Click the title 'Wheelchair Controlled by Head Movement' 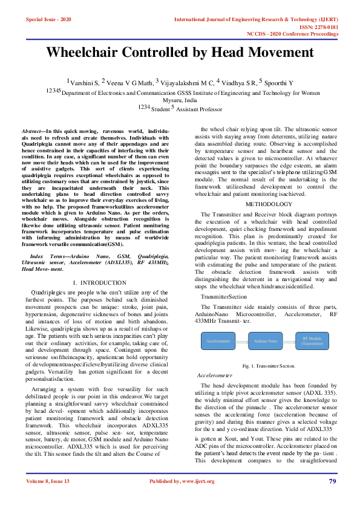[x=180, y=52]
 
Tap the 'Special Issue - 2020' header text [x=48, y=20]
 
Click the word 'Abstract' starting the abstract [x=32, y=131]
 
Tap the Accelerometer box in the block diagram [x=218, y=342]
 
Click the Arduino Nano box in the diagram [x=266, y=342]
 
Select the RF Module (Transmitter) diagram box [x=313, y=342]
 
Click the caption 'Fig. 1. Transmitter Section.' [x=268, y=366]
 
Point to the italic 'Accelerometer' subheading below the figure [x=215, y=376]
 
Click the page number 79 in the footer [x=332, y=481]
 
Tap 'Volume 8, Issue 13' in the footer [x=48, y=481]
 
